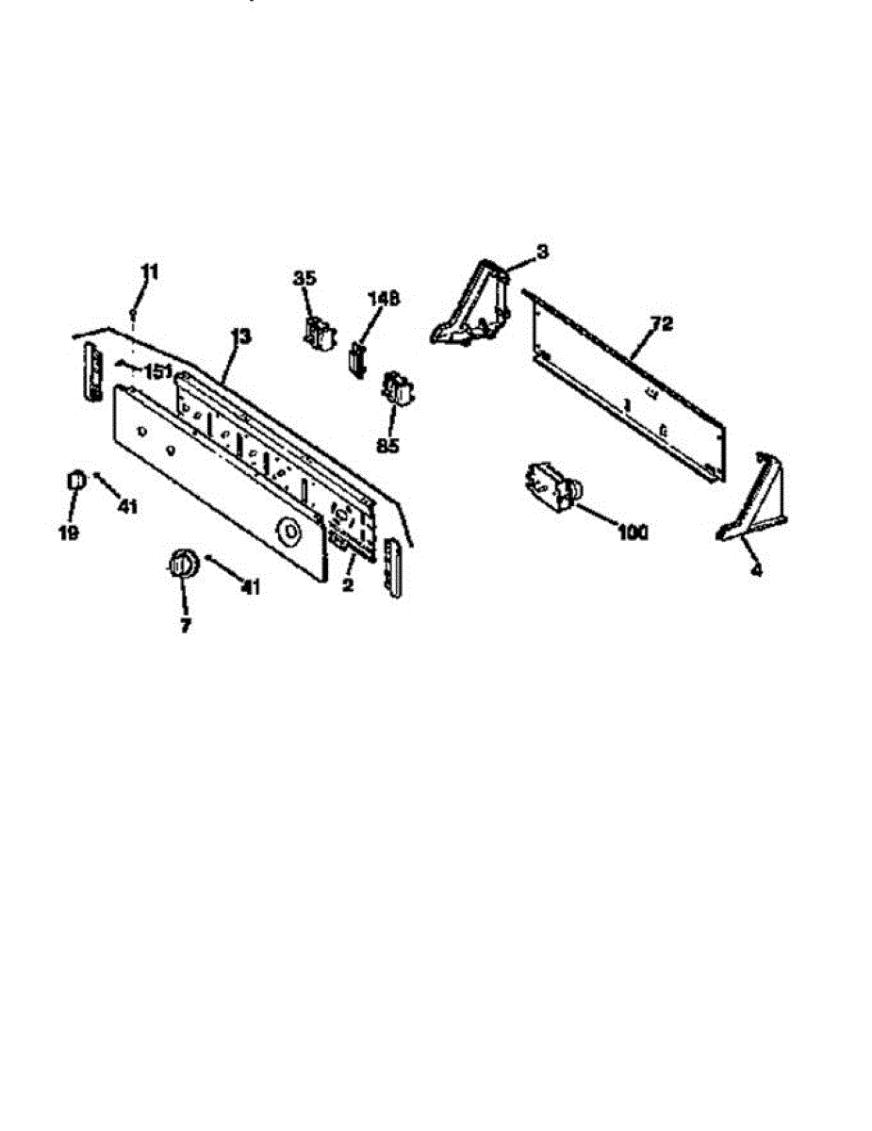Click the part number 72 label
click(x=662, y=324)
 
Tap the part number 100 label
click(x=633, y=533)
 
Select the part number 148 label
click(x=383, y=299)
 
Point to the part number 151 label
click(x=158, y=370)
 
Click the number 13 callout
click(x=241, y=336)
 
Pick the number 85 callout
click(x=387, y=445)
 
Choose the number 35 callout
click(x=304, y=278)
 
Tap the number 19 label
click(x=68, y=533)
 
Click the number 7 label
click(x=185, y=625)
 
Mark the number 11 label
click(x=150, y=271)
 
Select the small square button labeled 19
click(x=75, y=483)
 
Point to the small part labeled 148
click(x=356, y=359)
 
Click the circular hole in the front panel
click(x=288, y=530)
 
